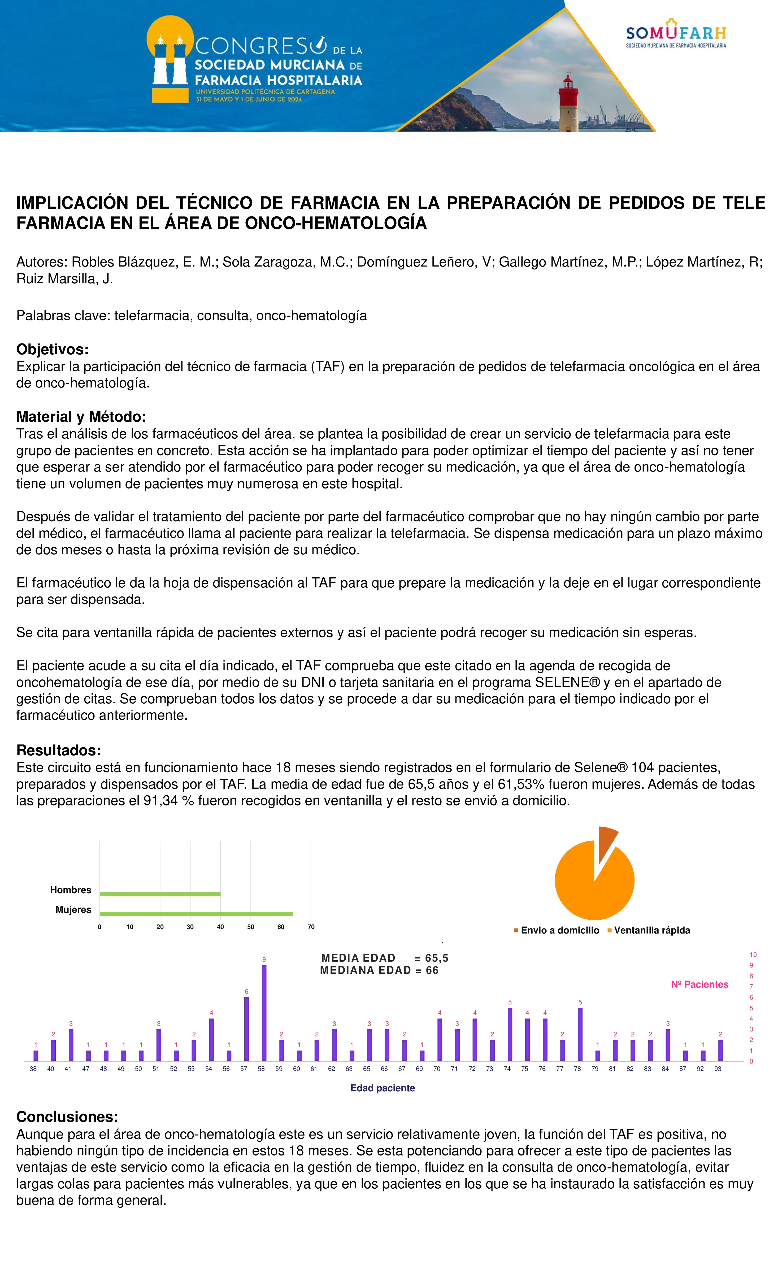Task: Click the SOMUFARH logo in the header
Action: click(x=676, y=34)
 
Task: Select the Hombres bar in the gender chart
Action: click(x=160, y=894)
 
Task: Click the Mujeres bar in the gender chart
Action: click(x=196, y=913)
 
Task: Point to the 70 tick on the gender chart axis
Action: click(x=311, y=927)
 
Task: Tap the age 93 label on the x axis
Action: click(x=718, y=1068)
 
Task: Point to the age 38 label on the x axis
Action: click(x=33, y=1068)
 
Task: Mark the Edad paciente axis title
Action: click(x=383, y=1088)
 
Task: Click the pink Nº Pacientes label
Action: click(x=700, y=984)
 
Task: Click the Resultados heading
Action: click(x=59, y=750)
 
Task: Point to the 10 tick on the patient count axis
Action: click(x=753, y=954)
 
